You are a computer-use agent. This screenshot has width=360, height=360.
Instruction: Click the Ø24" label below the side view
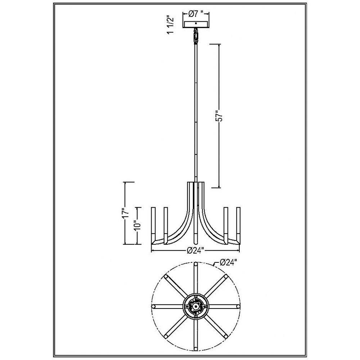195,251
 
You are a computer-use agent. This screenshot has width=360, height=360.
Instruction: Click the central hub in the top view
195,306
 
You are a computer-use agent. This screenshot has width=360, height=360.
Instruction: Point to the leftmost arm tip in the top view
154,306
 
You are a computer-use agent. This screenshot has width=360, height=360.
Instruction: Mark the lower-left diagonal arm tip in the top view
166,336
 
